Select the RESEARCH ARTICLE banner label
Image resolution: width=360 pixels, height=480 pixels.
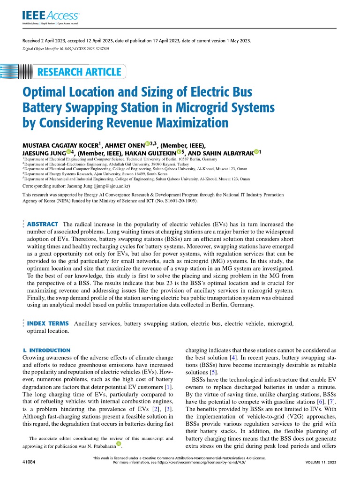[x=79, y=72]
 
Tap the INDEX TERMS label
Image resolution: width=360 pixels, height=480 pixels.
[x=48, y=323]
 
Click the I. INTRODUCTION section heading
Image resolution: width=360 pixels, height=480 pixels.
[x=46, y=350]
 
